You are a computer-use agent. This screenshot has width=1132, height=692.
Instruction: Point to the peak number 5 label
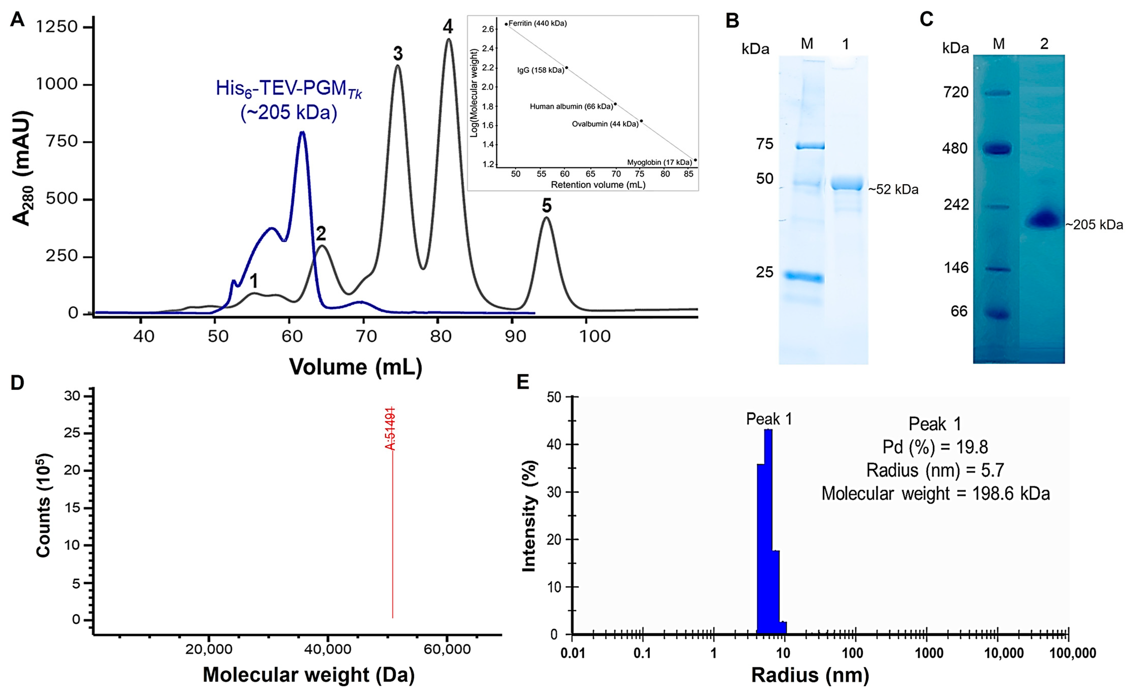pyautogui.click(x=546, y=206)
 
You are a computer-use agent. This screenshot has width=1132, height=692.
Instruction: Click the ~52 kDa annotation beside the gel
pyautogui.click(x=893, y=190)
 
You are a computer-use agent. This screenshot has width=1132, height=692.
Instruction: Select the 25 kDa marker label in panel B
pyautogui.click(x=764, y=272)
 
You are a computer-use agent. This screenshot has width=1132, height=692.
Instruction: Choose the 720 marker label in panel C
pyautogui.click(x=956, y=92)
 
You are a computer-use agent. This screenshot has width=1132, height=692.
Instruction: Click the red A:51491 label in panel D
pyautogui.click(x=390, y=429)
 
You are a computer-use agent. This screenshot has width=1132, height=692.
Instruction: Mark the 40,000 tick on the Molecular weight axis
pyautogui.click(x=327, y=649)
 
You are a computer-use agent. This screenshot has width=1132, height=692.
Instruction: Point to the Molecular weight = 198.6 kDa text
pyautogui.click(x=935, y=494)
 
